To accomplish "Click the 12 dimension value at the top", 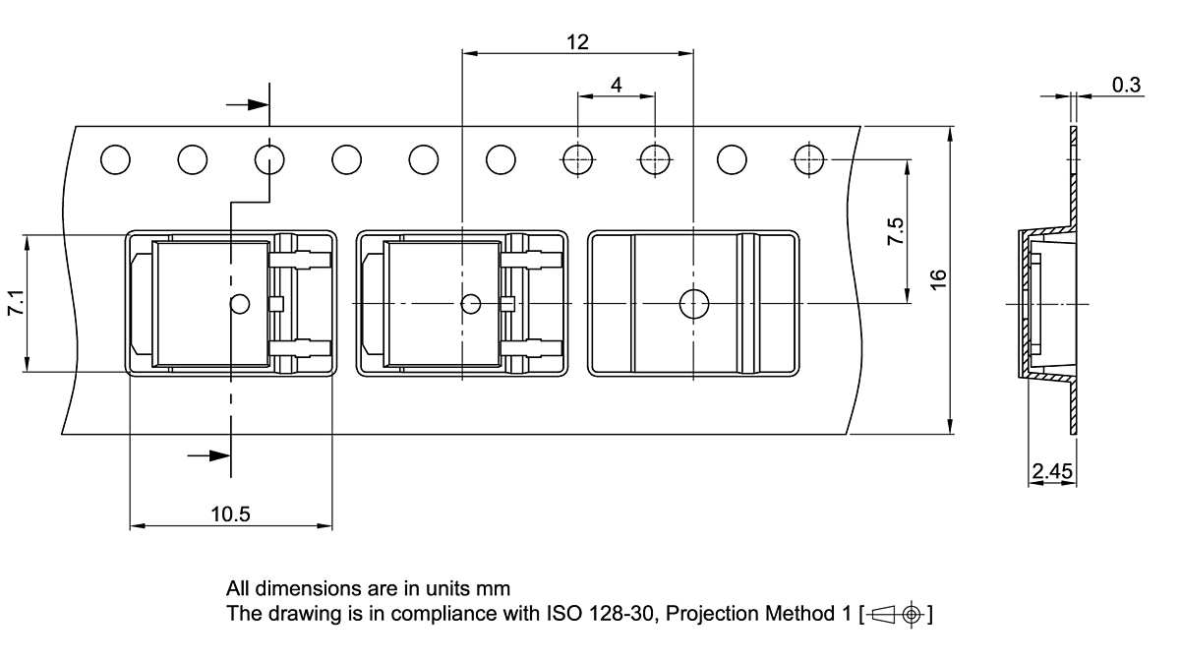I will pyautogui.click(x=577, y=41).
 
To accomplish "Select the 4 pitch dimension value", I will pyautogui.click(x=617, y=86).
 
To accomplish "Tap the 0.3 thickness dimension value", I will pyautogui.click(x=1126, y=86).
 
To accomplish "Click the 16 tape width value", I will pyautogui.click(x=939, y=278).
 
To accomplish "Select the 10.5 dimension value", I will pyautogui.click(x=230, y=513).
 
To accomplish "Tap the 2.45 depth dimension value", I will pyautogui.click(x=1051, y=472).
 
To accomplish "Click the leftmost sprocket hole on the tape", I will pyautogui.click(x=115, y=158).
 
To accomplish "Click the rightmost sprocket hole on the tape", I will pyautogui.click(x=808, y=158).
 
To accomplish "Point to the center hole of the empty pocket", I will pyautogui.click(x=694, y=304).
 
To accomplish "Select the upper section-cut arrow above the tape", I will pyautogui.click(x=248, y=103).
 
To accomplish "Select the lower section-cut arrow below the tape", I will pyautogui.click(x=208, y=454).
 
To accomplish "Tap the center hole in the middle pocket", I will pyautogui.click(x=471, y=304).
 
